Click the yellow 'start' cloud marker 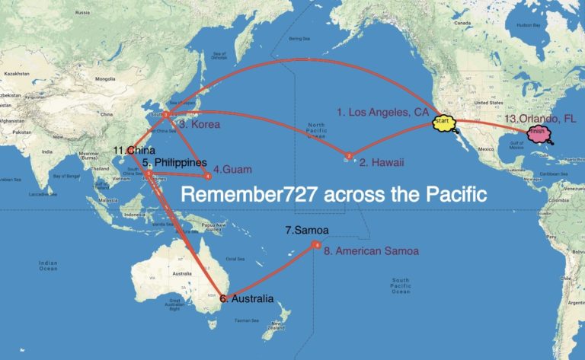point(443,121)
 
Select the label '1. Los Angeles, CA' point(383,113)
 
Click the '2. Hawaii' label point(382,162)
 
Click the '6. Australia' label point(247,299)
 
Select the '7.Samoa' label point(305,230)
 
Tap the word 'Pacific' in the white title point(453,195)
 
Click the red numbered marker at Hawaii point(349,156)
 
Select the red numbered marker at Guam point(208,177)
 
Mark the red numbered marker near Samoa point(315,244)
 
